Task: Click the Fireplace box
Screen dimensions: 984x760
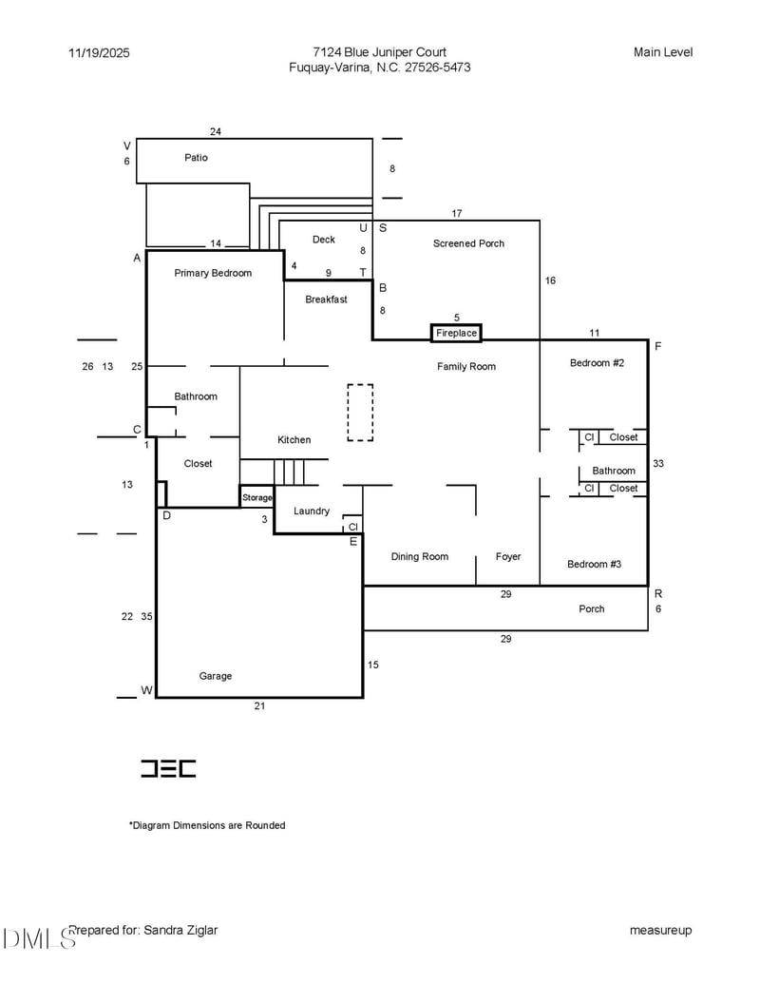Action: [x=456, y=333]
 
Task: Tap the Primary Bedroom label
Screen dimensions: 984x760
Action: [x=213, y=273]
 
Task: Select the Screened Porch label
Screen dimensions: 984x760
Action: [x=468, y=243]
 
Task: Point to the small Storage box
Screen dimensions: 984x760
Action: [x=256, y=497]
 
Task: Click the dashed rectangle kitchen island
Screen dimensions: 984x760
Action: [x=360, y=412]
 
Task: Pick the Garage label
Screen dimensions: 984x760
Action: [x=215, y=676]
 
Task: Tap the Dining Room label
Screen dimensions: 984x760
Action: [x=419, y=556]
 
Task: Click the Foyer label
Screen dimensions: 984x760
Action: [x=508, y=556]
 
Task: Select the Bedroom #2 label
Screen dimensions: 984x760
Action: [x=597, y=362]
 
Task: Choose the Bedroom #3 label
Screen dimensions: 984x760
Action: [x=594, y=564]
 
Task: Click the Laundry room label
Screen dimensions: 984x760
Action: [x=312, y=511]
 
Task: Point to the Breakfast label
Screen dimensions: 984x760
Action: [x=326, y=299]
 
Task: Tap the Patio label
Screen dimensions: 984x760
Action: [x=196, y=157]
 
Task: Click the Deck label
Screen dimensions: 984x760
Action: [x=324, y=240]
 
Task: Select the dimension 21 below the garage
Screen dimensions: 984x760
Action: [x=259, y=706]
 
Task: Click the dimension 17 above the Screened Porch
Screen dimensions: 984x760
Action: [x=457, y=214]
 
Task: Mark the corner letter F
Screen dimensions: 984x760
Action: [x=657, y=347]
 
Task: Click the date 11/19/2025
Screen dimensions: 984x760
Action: [x=99, y=53]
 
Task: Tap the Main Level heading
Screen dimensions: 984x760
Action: [x=663, y=52]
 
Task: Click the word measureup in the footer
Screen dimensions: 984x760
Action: [x=660, y=930]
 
